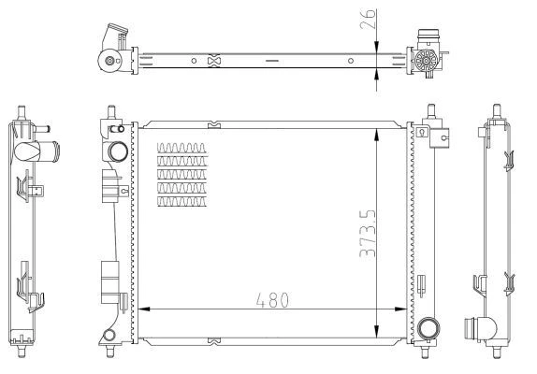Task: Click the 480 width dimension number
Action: click(272, 300)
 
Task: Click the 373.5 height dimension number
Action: click(368, 234)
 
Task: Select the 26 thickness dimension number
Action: click(368, 19)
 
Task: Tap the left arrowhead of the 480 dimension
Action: click(144, 309)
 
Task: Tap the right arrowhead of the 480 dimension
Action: click(400, 309)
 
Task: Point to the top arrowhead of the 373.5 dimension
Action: click(376, 135)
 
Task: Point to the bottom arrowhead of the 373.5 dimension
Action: click(376, 331)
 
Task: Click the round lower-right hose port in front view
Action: click(428, 328)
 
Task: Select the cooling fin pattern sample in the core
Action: click(182, 175)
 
